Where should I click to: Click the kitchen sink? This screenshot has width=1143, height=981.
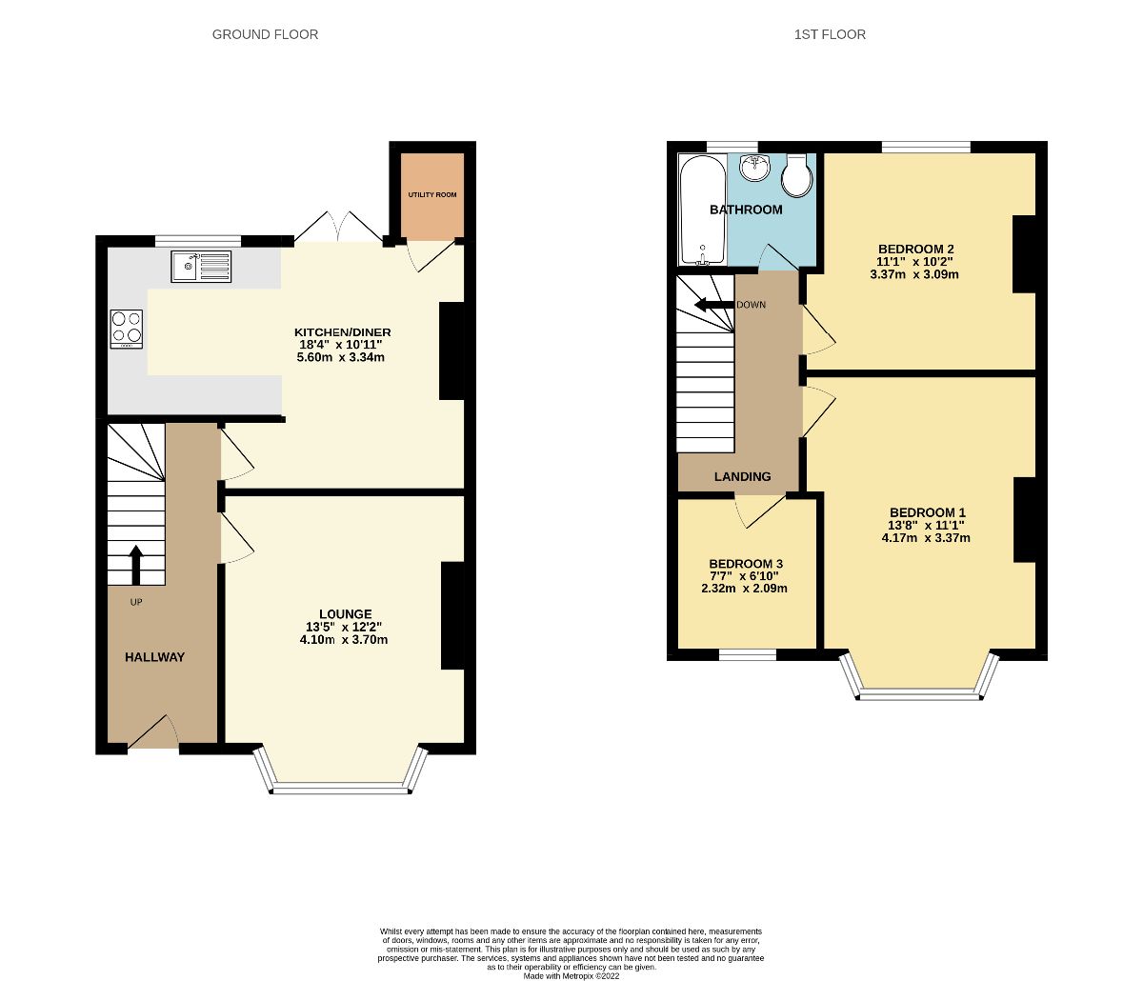click(x=201, y=267)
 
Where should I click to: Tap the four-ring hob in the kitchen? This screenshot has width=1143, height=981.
click(x=127, y=329)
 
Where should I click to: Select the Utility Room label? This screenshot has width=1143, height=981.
click(x=432, y=195)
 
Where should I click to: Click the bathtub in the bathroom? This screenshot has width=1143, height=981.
click(x=702, y=210)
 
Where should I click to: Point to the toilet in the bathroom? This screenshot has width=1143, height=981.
click(x=795, y=174)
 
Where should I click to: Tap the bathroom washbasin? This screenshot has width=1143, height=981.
click(x=755, y=168)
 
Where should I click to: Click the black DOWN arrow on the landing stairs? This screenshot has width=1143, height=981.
click(x=713, y=305)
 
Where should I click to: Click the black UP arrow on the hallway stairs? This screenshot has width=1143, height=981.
click(x=135, y=564)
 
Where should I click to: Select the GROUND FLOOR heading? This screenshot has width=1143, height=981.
click(x=265, y=34)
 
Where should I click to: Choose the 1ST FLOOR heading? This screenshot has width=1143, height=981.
click(x=830, y=34)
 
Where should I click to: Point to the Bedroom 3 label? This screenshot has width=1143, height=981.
click(x=746, y=564)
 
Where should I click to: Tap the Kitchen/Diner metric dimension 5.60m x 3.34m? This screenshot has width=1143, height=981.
click(x=341, y=357)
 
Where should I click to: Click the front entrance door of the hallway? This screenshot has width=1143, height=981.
click(x=152, y=735)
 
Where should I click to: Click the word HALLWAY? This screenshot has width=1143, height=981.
click(x=154, y=657)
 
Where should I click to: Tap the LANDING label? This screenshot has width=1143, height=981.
click(x=742, y=476)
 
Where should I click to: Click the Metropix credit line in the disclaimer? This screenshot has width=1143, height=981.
click(x=571, y=975)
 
